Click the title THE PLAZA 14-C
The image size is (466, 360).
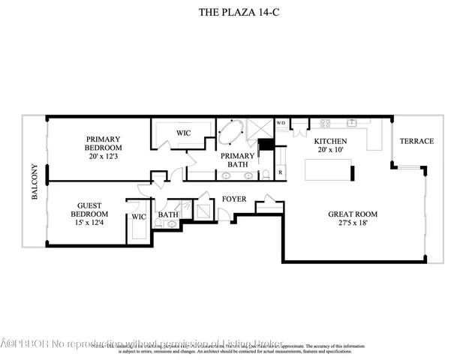pos(233,12)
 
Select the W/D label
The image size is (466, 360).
pos(281,123)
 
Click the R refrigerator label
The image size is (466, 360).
pos(280,172)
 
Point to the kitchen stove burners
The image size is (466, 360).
pos(326,123)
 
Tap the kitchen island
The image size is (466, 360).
pos(328,172)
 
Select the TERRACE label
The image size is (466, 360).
pos(416,141)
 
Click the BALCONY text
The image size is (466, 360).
pos(35,181)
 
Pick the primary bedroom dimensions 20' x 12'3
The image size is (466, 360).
pos(104,156)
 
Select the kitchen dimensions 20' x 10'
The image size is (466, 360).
pos(329,150)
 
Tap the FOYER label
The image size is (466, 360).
pos(235,199)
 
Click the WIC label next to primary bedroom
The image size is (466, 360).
pos(183,133)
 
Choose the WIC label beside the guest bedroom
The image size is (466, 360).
pos(138,217)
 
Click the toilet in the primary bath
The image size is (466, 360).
pos(265,175)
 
